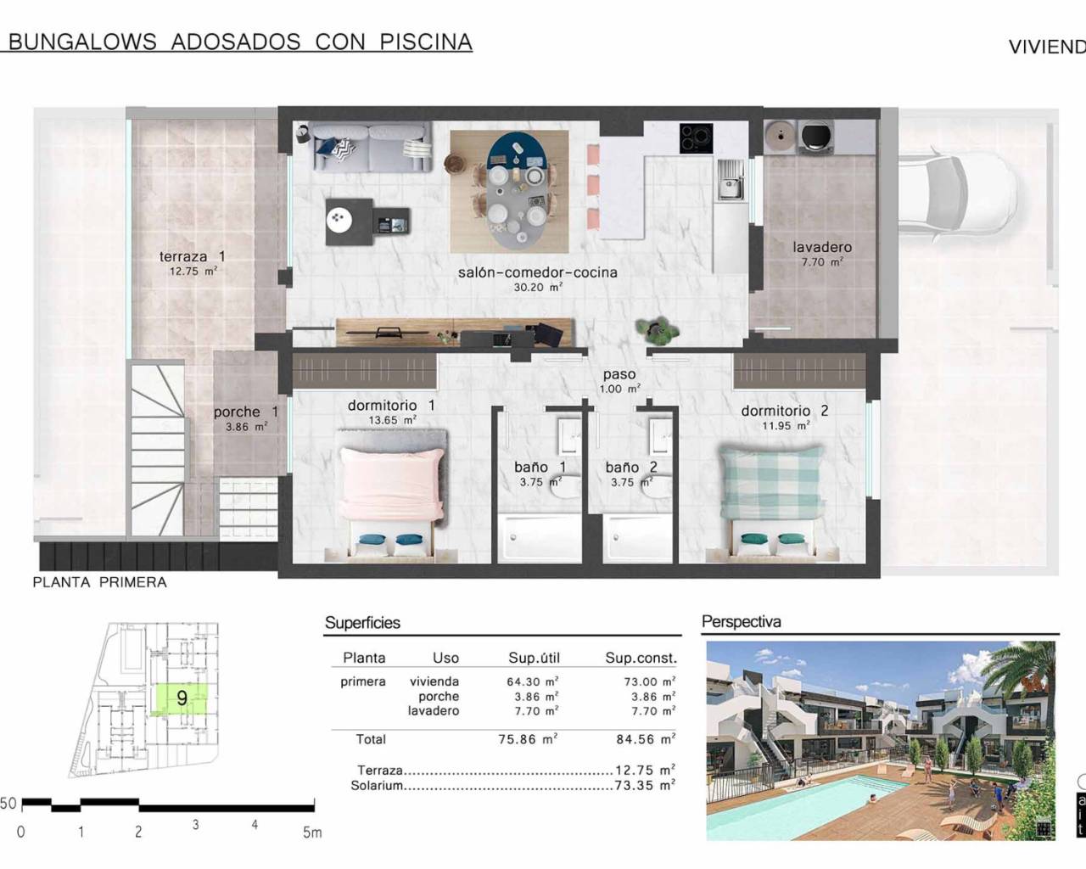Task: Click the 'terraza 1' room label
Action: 192,256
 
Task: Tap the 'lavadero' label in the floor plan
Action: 822,248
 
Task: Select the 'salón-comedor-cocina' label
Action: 537,273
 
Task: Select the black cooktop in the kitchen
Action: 696,138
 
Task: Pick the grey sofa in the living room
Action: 370,147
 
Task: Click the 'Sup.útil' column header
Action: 534,658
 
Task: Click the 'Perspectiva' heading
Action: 741,622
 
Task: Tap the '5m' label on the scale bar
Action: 312,833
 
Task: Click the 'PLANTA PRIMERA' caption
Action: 99,582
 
